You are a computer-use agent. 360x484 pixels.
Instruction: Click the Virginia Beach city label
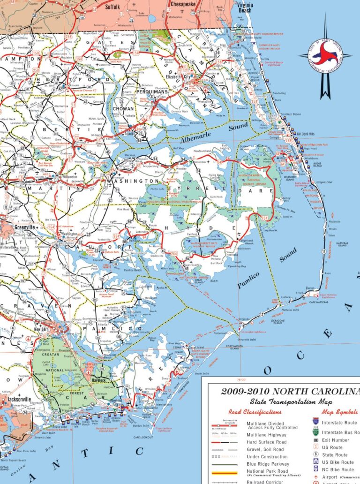coord(245,7)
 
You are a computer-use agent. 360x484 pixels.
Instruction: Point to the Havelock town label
coord(100,380)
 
